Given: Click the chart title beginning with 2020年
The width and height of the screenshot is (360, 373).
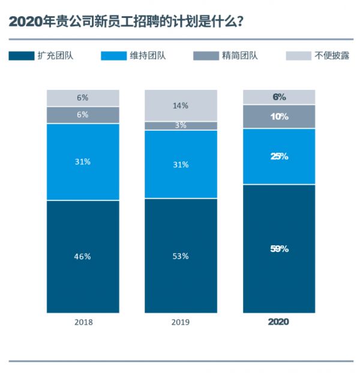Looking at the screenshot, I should [126, 22].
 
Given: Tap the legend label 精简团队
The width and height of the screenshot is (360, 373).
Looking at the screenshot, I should [240, 56].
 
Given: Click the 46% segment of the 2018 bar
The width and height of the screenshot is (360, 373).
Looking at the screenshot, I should [83, 256].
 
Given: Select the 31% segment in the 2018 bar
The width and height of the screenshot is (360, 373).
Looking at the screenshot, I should [83, 162].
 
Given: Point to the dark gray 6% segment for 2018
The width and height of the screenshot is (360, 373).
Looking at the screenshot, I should [83, 115].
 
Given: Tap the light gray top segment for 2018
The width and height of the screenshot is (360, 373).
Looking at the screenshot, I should [83, 98].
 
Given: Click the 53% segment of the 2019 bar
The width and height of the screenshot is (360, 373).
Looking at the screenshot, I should [181, 255].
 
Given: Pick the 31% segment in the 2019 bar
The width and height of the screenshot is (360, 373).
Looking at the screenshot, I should [181, 164].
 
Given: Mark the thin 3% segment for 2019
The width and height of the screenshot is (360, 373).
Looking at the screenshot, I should [181, 125].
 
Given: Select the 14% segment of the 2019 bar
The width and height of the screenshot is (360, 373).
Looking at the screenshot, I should [181, 106].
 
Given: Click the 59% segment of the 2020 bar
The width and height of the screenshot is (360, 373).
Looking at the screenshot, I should [279, 248].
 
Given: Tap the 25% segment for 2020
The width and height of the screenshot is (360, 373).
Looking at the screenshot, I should [279, 156].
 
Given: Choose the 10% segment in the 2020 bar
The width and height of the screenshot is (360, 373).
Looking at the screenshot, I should [279, 116].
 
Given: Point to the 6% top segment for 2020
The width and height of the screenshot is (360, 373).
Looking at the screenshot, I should [279, 97].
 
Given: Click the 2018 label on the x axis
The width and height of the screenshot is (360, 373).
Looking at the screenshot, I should [83, 322].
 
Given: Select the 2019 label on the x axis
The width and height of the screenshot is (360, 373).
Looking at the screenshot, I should [181, 322].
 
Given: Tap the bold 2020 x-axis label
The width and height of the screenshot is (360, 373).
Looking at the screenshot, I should [278, 322].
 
